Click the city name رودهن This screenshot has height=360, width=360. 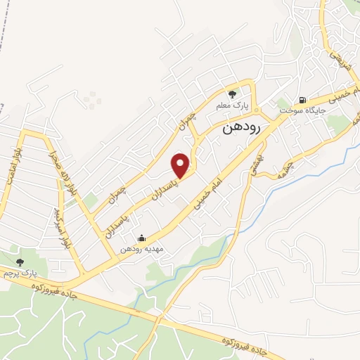pos(241,128)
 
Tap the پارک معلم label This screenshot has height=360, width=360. pos(233,105)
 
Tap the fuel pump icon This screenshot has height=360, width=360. pos(303,100)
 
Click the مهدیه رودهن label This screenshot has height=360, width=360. pos(141,249)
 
